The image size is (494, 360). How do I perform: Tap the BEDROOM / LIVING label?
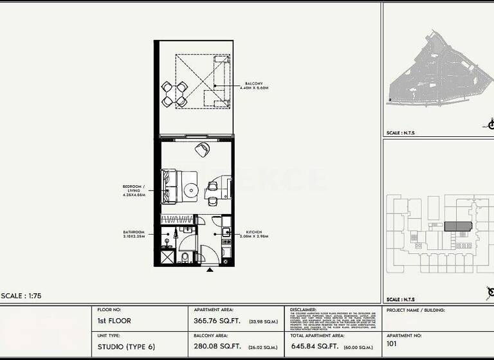tap(134, 190)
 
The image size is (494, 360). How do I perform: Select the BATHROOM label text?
tap(134, 233)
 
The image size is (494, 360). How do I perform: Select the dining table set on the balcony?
tap(174, 94)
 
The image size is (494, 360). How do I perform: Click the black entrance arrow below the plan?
tap(210, 270)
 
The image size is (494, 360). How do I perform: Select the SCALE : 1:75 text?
tap(23, 295)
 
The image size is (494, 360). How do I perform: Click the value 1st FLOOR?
tap(114, 321)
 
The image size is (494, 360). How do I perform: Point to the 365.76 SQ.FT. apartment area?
tap(215, 321)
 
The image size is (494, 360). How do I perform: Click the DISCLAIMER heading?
tap(304, 309)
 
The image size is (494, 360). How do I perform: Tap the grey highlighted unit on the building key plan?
tap(458, 226)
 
